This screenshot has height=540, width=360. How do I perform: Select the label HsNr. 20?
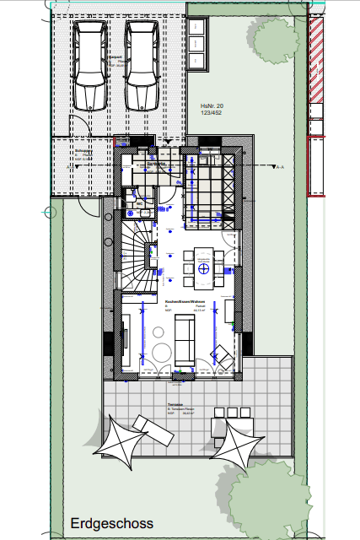coord(201,105)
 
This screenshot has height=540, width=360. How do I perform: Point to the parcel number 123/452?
coord(201,112)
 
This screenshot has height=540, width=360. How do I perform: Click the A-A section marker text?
coord(280,167)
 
